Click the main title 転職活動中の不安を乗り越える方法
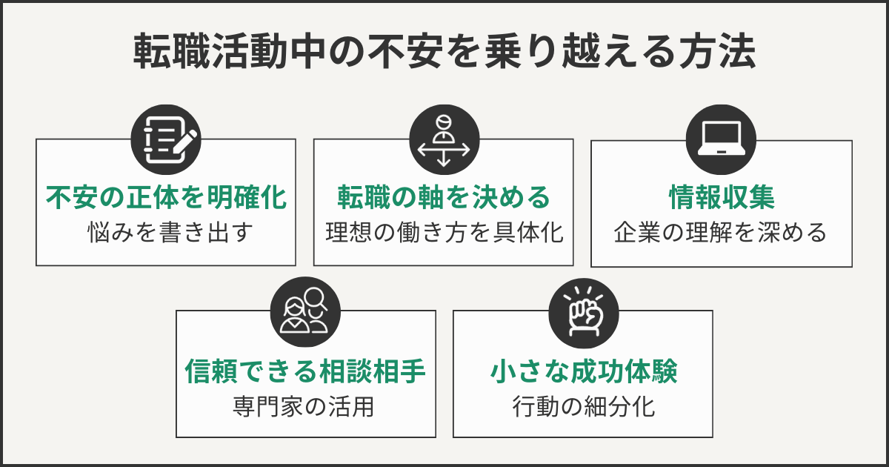click(x=444, y=53)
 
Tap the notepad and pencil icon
click(x=166, y=138)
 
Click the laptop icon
click(x=721, y=139)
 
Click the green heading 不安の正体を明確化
click(x=166, y=198)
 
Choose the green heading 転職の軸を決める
click(x=444, y=198)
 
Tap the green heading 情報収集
click(x=721, y=198)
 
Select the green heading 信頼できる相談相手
click(x=305, y=371)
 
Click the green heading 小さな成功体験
click(x=583, y=371)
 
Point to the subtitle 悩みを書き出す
click(x=166, y=233)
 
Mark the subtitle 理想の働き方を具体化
click(x=444, y=233)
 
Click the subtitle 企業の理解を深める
click(x=721, y=233)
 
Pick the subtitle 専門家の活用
click(x=305, y=407)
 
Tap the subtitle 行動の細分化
click(x=583, y=407)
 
